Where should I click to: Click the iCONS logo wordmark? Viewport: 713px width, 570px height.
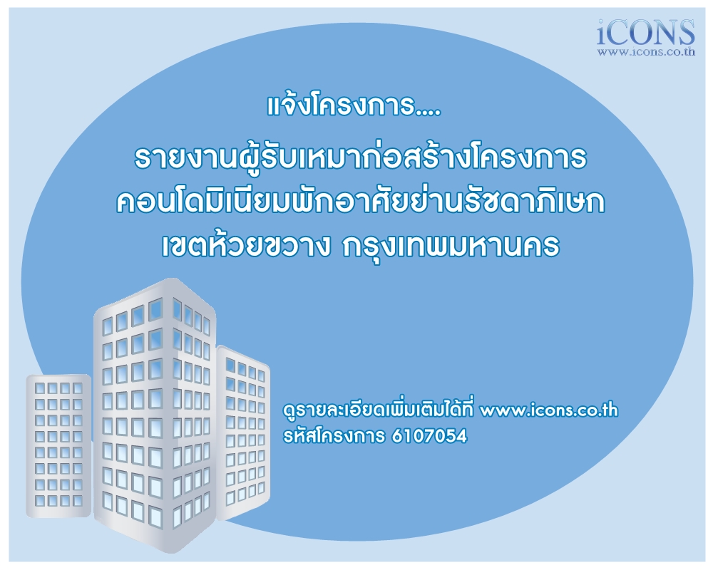point(646,32)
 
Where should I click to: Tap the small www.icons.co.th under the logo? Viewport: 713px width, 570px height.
point(646,52)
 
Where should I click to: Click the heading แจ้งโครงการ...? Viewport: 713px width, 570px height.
point(354,105)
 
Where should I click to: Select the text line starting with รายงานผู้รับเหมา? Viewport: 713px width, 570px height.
point(361,157)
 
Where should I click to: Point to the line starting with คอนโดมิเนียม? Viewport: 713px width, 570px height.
point(361,202)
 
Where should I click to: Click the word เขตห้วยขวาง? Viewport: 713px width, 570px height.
point(246,246)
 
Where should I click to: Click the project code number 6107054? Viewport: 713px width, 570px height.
point(429,436)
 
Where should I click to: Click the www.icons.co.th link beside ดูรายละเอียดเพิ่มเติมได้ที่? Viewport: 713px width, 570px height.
point(549,410)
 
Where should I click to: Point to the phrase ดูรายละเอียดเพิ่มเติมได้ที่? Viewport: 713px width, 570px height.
point(379,410)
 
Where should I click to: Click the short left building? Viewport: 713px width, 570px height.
point(58,445)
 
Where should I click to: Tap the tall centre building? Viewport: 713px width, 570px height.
point(155,415)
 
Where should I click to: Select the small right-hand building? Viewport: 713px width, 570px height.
point(243,432)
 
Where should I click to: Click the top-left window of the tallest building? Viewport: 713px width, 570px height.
point(108,326)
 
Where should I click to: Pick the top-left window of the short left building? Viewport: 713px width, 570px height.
point(41,388)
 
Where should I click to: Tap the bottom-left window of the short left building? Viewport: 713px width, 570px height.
point(41,500)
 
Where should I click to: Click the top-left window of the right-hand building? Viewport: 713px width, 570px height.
point(230,365)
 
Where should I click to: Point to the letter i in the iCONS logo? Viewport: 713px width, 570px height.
point(603,32)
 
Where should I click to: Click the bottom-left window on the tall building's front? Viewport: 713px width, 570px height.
point(108,501)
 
